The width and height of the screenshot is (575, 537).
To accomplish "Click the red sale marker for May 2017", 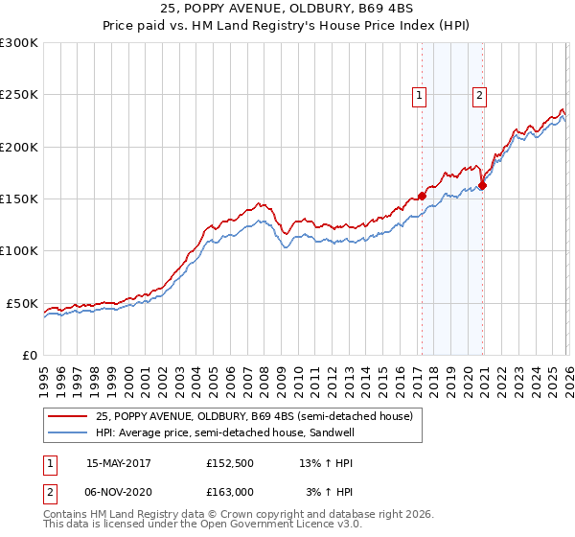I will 422,196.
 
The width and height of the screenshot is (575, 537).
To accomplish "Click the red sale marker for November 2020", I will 482,186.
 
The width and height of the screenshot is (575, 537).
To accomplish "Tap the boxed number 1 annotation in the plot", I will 420,94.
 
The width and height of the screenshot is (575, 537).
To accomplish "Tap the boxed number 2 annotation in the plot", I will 479,94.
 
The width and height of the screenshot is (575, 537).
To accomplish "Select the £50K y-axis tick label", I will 22,303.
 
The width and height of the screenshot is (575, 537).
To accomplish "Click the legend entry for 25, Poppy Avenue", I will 254,416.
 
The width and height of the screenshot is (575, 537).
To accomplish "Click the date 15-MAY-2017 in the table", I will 119,463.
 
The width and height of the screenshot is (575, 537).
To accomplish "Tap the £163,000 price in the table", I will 230,492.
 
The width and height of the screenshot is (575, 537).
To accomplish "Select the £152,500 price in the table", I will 230,463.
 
